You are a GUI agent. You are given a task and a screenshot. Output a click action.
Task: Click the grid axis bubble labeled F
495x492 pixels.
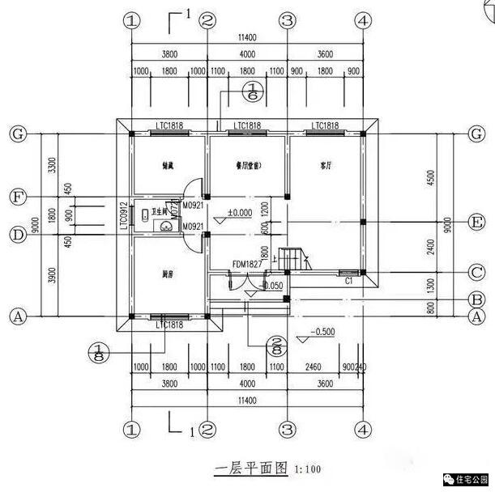pos(15,197)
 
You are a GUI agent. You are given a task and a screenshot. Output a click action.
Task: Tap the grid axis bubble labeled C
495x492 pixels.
pos(478,273)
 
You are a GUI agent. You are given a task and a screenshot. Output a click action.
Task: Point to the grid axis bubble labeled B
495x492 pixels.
pos(478,299)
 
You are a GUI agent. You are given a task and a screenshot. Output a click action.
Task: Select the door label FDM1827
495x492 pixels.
pos(247,264)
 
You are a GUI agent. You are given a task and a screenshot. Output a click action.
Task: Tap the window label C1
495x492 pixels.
pos(348,282)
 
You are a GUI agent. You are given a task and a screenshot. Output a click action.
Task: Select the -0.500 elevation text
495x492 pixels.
pos(324,332)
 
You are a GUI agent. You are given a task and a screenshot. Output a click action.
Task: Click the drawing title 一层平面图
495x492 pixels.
pos(251,468)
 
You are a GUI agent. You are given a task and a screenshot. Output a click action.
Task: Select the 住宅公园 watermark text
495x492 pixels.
pos(471,477)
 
